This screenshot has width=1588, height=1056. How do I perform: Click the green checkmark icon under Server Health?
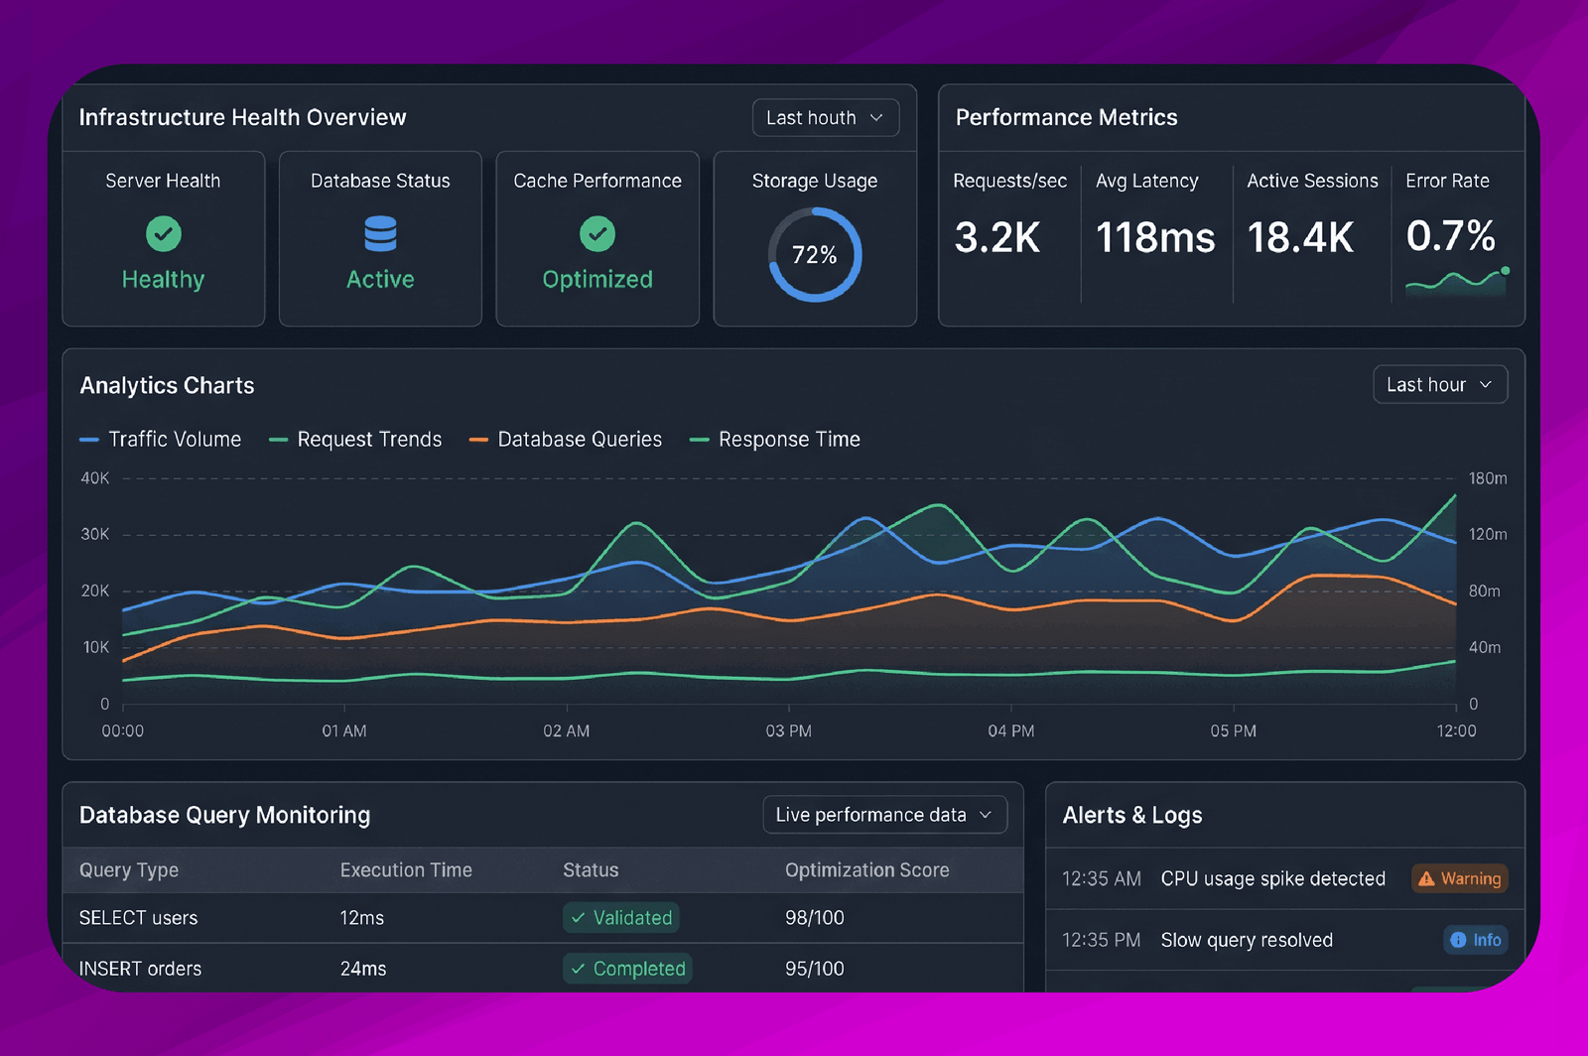pyautogui.click(x=164, y=234)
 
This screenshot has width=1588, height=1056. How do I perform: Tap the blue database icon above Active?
pyautogui.click(x=380, y=234)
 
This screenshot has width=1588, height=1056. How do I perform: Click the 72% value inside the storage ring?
pyautogui.click(x=815, y=255)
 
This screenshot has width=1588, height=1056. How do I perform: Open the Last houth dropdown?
pyautogui.click(x=825, y=118)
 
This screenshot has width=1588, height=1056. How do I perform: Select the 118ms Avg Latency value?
pyautogui.click(x=1155, y=237)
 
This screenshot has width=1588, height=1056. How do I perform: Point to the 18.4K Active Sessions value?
pyautogui.click(x=1300, y=237)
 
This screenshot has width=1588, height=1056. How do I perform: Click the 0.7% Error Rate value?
pyautogui.click(x=1450, y=235)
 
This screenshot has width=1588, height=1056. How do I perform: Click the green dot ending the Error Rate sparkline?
pyautogui.click(x=1505, y=271)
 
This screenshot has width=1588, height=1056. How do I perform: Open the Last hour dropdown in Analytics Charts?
pyautogui.click(x=1440, y=385)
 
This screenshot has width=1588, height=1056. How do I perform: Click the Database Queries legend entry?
pyautogui.click(x=566, y=440)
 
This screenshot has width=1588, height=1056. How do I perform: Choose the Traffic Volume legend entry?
pyautogui.click(x=160, y=440)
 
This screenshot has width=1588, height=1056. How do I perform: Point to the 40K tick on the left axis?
pyautogui.click(x=95, y=478)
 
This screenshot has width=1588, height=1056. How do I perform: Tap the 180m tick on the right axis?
pyautogui.click(x=1488, y=478)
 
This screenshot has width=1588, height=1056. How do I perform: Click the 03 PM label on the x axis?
pyautogui.click(x=788, y=730)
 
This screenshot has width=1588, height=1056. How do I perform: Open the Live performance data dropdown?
pyautogui.click(x=884, y=815)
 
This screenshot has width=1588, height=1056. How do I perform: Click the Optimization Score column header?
pyautogui.click(x=867, y=870)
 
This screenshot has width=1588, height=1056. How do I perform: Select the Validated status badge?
pyautogui.click(x=621, y=918)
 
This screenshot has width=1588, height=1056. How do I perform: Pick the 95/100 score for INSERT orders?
pyautogui.click(x=815, y=969)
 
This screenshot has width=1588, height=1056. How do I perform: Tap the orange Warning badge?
pyautogui.click(x=1460, y=878)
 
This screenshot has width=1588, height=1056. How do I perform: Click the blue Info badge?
pyautogui.click(x=1476, y=940)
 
